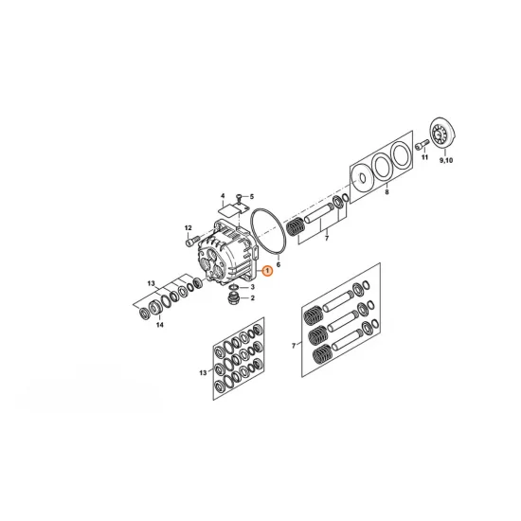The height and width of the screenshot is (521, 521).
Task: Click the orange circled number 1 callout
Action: pos(267,271)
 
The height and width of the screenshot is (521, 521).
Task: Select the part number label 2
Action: pos(253,298)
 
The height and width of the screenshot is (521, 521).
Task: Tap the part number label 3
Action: pos(253,287)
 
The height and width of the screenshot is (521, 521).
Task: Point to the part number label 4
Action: pos(223,196)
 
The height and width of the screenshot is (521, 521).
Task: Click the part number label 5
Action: pos(252,197)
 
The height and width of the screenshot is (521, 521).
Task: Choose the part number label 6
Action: pos(278,264)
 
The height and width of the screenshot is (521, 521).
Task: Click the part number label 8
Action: pos(386,191)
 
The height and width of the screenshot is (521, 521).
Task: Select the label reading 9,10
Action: pos(446,160)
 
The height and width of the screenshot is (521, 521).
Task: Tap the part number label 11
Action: pos(425,157)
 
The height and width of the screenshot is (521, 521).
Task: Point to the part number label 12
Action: pos(189,228)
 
